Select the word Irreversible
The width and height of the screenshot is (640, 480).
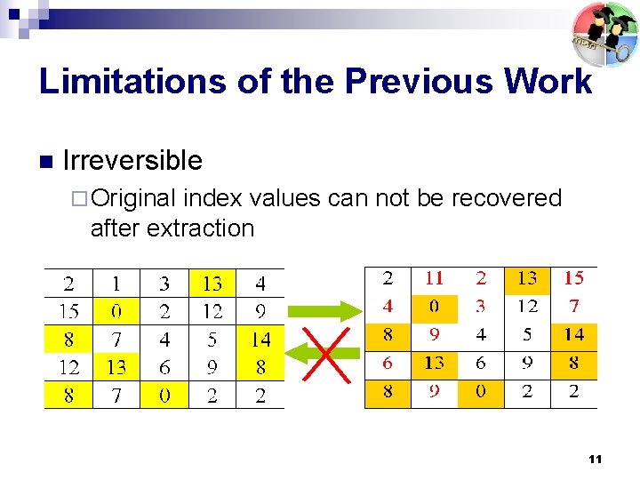132,161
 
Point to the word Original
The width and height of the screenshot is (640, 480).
133,197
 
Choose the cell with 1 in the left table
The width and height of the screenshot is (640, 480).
116,284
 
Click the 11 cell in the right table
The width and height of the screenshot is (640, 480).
434,279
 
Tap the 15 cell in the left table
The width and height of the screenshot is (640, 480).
68,312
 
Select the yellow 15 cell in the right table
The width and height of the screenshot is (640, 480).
574,279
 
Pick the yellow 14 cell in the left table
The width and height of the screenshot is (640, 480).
260,340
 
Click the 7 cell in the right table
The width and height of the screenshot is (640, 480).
574,307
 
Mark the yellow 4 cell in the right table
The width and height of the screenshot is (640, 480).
388,307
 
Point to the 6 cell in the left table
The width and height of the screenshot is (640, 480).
164,367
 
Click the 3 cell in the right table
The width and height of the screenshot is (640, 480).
481,307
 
